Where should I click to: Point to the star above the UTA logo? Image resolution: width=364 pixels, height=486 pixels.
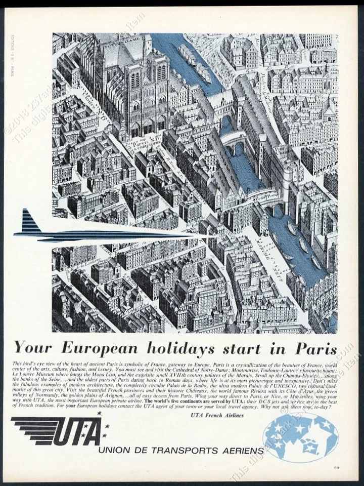(99, 414)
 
